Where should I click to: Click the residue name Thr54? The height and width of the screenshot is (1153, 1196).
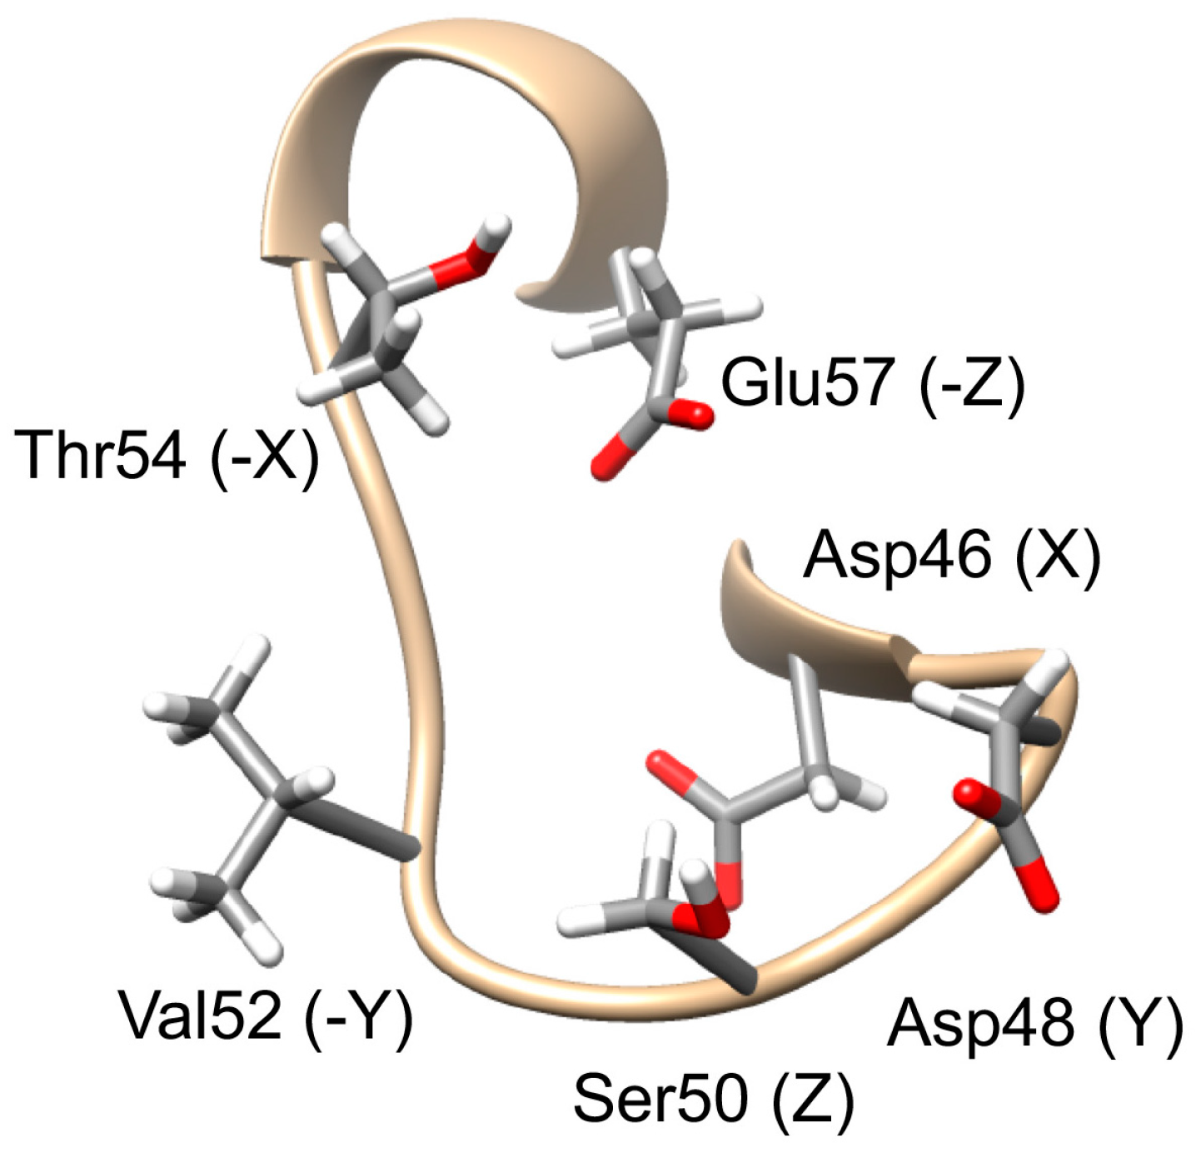click(x=100, y=455)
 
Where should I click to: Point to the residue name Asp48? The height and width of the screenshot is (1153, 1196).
click(x=979, y=1022)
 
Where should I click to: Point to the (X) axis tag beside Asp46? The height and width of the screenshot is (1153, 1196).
click(x=1058, y=557)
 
